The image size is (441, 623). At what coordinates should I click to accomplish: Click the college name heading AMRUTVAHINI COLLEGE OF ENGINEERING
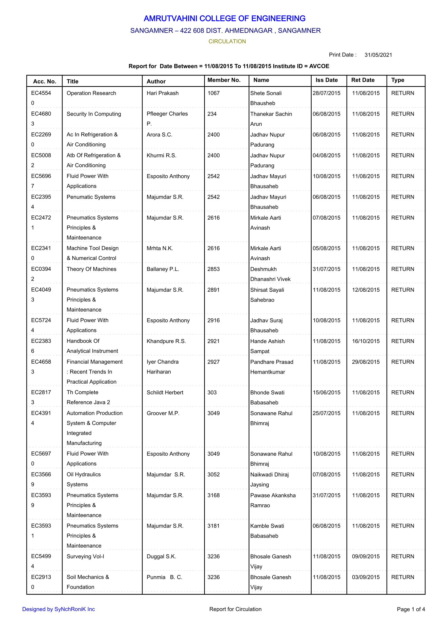[x=224, y=18]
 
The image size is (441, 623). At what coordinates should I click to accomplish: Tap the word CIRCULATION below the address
[x=227, y=41]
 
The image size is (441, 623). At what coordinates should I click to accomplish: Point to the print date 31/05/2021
[x=378, y=55]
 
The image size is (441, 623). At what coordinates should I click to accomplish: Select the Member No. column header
[x=224, y=80]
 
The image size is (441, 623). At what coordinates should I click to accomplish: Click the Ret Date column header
[x=363, y=80]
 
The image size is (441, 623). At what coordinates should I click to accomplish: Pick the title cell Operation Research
[x=91, y=93]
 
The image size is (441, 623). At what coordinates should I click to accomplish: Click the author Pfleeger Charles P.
[x=167, y=118]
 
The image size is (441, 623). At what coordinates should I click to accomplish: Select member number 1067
[x=213, y=93]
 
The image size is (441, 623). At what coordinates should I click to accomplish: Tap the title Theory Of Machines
[x=92, y=269]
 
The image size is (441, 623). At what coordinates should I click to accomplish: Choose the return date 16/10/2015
[x=366, y=341]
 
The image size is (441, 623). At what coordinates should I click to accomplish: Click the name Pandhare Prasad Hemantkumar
[x=272, y=367]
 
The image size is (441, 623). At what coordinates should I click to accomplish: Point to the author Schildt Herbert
[x=165, y=392]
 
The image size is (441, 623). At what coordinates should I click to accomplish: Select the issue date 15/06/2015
[x=326, y=392]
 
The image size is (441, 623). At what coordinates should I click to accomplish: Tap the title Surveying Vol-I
[x=85, y=556]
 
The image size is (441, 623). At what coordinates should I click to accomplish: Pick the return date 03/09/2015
[x=366, y=577]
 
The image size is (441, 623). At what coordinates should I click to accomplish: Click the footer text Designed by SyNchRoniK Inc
[x=58, y=609]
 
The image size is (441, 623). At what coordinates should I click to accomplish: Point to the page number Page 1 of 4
[x=411, y=609]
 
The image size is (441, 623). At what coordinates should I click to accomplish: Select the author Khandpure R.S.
[x=166, y=341]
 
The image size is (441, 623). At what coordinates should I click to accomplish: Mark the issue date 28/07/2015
[x=326, y=93]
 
